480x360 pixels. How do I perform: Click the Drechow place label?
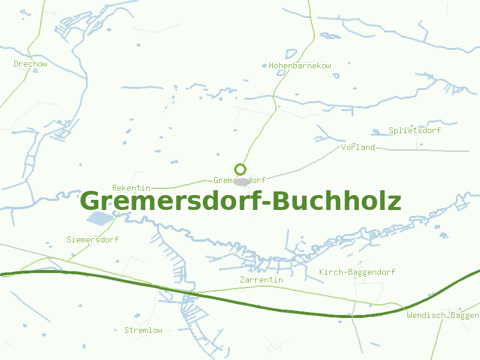31,63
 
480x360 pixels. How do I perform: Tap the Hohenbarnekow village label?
300,65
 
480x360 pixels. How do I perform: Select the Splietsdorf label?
415,130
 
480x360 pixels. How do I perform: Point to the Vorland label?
358,147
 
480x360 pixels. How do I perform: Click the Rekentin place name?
131,188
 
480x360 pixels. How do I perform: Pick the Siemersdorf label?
92,239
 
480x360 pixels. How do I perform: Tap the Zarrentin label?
261,280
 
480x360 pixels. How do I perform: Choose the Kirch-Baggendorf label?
357,272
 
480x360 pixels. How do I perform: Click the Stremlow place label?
143,330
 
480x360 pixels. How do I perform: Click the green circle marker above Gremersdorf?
241,169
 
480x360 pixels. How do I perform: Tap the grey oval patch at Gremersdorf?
241,181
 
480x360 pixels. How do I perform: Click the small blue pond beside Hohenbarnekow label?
264,65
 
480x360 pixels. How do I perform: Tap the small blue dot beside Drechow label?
35,71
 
